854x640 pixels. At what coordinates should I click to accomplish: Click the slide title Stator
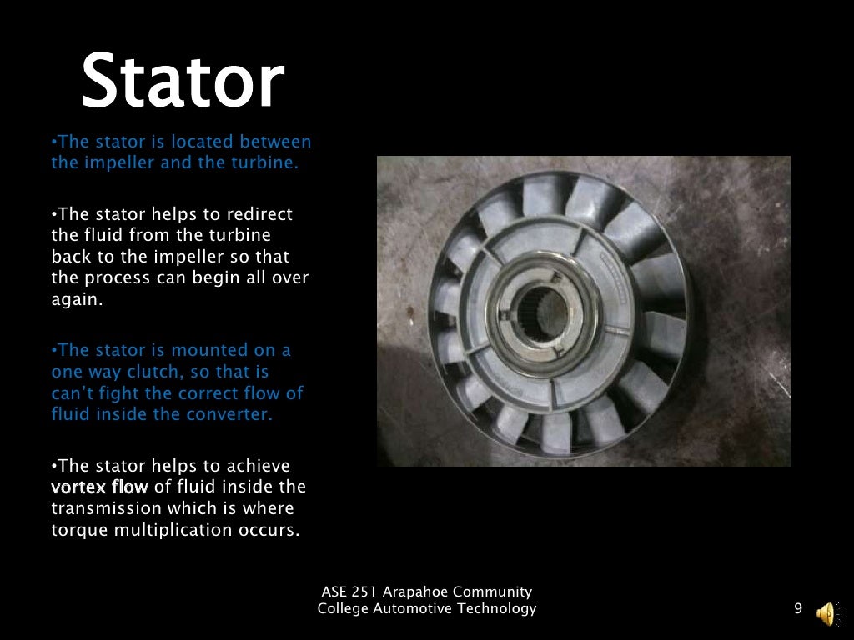coord(183,82)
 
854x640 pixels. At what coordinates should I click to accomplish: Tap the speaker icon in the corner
coord(826,613)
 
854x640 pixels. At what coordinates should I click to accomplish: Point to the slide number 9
coord(798,609)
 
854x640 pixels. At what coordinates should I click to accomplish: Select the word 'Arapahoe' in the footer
coord(418,592)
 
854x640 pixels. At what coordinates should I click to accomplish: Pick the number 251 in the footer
coord(364,592)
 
